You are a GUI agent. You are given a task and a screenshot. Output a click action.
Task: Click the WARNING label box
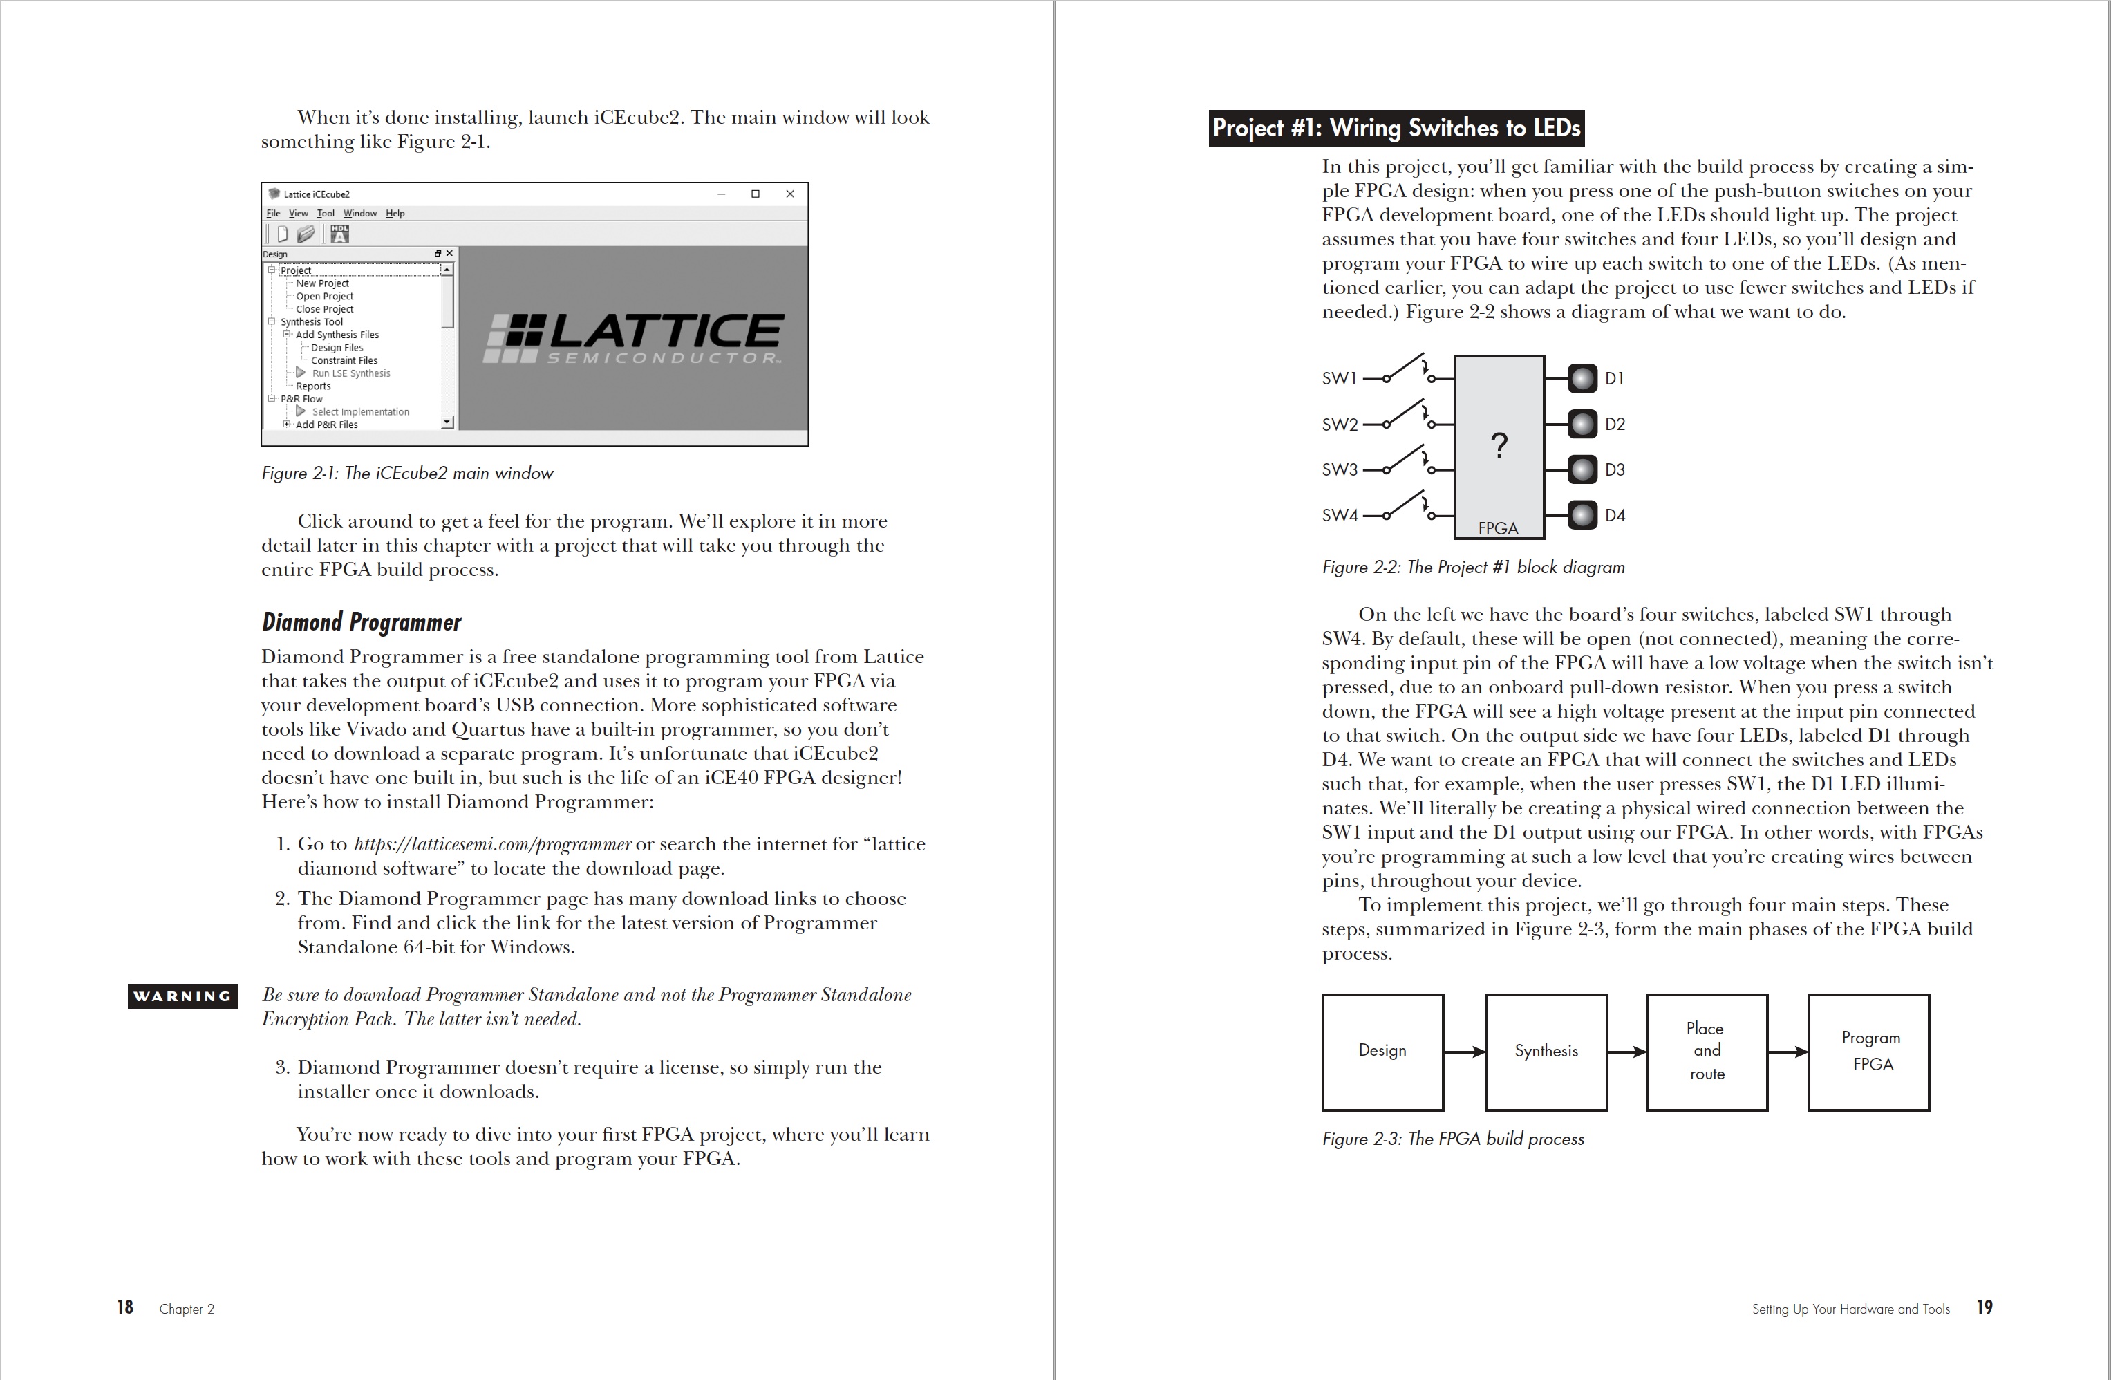click(182, 996)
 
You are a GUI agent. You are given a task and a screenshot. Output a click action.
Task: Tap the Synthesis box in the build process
click(1546, 1052)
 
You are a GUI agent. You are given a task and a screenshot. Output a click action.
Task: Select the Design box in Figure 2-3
click(1382, 1052)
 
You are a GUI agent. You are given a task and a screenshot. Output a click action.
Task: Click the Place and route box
click(1707, 1052)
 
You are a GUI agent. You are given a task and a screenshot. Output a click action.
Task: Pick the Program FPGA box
click(1869, 1052)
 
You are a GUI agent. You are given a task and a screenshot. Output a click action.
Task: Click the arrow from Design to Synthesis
click(1465, 1052)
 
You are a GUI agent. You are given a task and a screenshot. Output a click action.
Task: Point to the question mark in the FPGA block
click(1499, 445)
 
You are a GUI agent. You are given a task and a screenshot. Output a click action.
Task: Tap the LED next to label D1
click(1582, 379)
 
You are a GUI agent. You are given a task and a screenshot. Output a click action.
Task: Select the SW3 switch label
click(1340, 469)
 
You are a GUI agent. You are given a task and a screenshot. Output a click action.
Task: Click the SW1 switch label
click(1340, 379)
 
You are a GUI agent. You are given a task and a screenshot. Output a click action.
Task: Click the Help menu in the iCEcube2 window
click(395, 214)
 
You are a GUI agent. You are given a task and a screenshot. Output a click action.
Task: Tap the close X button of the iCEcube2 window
click(790, 194)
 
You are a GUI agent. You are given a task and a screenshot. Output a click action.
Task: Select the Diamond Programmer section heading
click(361, 622)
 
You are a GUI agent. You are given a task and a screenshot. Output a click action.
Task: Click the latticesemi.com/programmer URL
click(492, 844)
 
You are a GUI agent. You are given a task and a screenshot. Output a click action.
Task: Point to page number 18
click(125, 1307)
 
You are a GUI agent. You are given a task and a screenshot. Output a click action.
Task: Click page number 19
click(1985, 1307)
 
